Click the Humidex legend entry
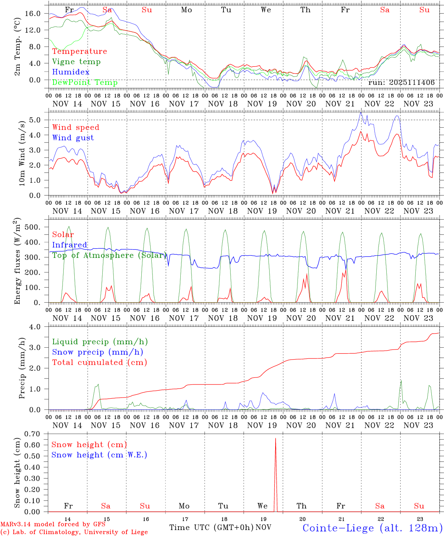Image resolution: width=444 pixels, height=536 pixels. [x=71, y=72]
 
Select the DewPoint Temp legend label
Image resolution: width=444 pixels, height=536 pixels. [x=85, y=83]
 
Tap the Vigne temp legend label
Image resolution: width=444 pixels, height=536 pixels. [x=76, y=62]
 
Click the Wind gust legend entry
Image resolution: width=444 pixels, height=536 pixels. [x=73, y=138]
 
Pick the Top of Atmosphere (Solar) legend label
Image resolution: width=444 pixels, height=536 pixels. [x=109, y=255]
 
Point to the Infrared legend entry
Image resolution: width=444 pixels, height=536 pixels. [x=70, y=245]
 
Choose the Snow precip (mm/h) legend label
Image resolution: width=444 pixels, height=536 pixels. [x=97, y=352]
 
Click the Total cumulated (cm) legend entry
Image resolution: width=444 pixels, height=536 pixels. [x=99, y=363]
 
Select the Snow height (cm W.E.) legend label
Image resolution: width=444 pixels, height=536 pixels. [x=99, y=455]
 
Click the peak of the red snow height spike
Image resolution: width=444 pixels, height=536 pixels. [x=275, y=438]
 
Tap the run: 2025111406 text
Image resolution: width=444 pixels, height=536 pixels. [x=401, y=83]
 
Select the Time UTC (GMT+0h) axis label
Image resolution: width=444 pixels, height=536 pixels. [x=212, y=527]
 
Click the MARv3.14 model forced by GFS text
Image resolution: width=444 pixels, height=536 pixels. [x=53, y=524]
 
